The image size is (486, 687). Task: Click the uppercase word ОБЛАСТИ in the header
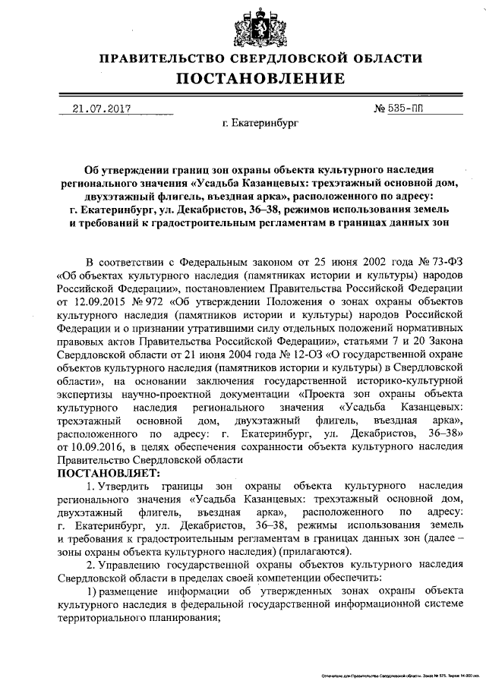(x=383, y=58)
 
